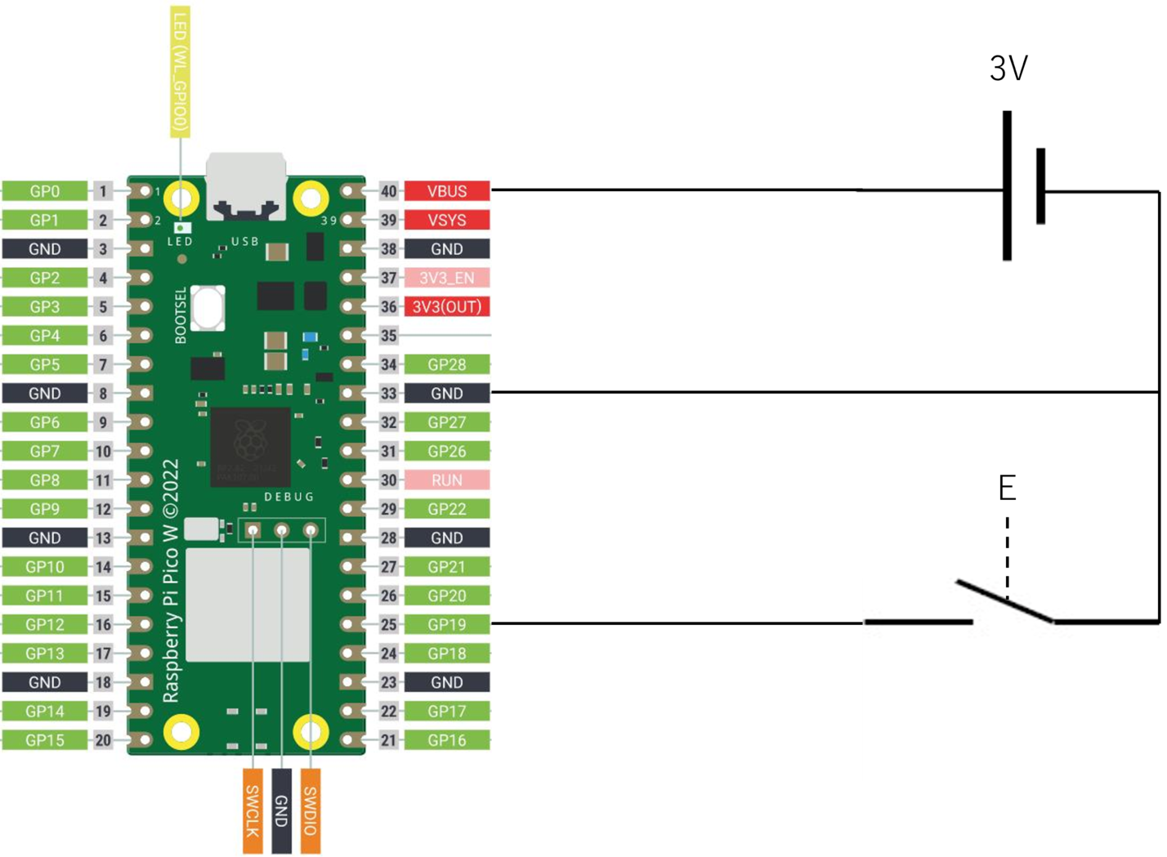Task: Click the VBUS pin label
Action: point(447,191)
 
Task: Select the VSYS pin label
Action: point(447,221)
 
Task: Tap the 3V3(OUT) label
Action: point(447,307)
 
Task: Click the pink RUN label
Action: point(447,480)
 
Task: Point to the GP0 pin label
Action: point(45,191)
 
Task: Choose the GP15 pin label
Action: point(45,740)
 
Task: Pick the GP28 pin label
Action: point(447,364)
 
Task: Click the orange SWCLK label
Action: point(253,810)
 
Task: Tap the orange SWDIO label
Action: point(311,810)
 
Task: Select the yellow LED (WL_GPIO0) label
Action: point(180,71)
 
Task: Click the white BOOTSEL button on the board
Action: point(208,308)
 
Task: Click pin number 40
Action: point(389,191)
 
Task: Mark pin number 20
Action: point(103,740)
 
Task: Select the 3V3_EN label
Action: point(447,278)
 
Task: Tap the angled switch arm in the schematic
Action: point(1005,601)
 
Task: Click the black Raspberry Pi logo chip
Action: point(250,447)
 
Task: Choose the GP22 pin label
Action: point(447,509)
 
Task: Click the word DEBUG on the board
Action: point(288,497)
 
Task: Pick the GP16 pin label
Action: point(447,740)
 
